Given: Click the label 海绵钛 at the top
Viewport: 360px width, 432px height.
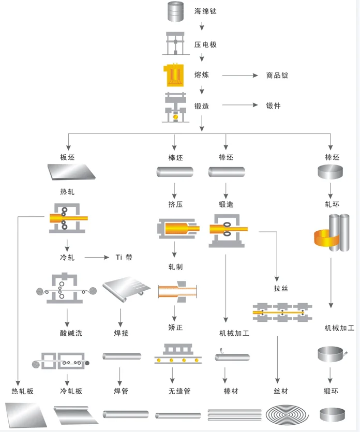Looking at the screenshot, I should (205, 11).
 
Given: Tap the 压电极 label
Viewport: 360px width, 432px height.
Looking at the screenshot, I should (205, 45).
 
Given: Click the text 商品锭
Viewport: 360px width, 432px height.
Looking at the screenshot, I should (277, 76).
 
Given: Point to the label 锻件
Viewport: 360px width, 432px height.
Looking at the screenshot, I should (273, 106).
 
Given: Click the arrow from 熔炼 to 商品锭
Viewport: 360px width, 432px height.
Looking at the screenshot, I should (239, 76).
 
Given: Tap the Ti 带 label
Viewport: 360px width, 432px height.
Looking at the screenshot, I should (124, 257).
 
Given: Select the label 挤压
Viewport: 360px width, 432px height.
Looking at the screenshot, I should (175, 204).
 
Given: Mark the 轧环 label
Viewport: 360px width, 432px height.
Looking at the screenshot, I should (332, 204).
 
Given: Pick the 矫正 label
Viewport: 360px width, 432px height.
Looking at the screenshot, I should (175, 327).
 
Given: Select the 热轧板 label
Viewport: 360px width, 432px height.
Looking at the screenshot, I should (22, 391).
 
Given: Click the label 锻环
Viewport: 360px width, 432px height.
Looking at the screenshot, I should (332, 391).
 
